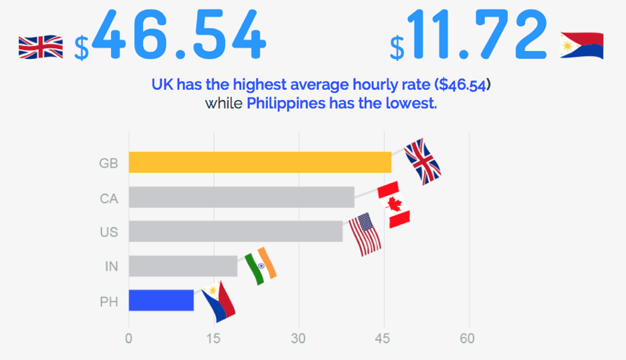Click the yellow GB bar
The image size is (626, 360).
[260, 162]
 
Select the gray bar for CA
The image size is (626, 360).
[241, 197]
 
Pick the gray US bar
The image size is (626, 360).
[235, 231]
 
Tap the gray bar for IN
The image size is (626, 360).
[183, 266]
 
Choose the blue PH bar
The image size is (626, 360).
[161, 300]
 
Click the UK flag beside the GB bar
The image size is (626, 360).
[422, 161]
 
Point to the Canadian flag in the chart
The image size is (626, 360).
[394, 204]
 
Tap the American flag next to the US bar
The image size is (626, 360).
[365, 234]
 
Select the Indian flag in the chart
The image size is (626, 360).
[260, 266]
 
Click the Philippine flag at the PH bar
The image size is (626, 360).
[218, 302]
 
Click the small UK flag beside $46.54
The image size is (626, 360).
[40, 48]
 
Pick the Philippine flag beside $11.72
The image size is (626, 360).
[581, 45]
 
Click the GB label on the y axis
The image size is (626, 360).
[109, 163]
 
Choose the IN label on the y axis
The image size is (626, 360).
[111, 267]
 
